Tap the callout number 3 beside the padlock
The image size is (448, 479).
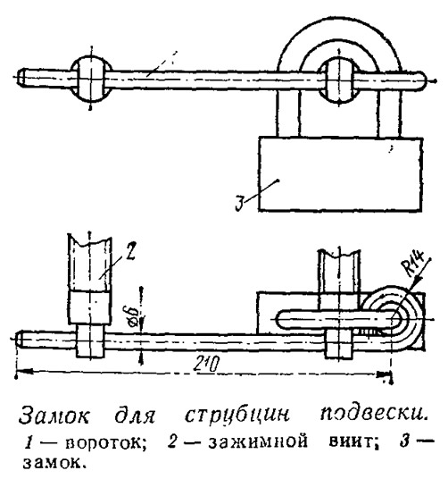click(x=240, y=203)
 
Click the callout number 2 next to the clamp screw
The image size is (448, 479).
click(x=130, y=252)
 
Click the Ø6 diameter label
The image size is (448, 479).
click(x=133, y=316)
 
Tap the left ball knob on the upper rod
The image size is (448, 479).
click(x=91, y=80)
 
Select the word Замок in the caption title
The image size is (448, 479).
click(x=54, y=415)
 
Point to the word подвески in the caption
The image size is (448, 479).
click(x=372, y=414)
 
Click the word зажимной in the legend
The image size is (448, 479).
click(x=258, y=441)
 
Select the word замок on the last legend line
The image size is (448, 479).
click(x=53, y=463)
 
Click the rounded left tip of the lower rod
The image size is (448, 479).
click(x=20, y=340)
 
